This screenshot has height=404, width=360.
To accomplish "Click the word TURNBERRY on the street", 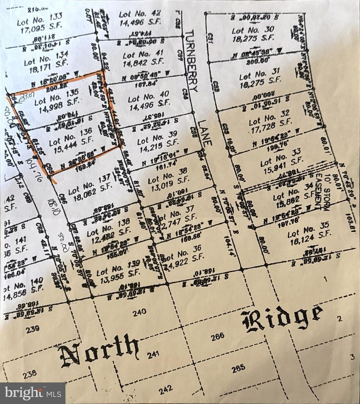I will coord(191,60).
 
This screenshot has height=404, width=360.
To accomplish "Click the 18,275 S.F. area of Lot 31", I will coord(258,84).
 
